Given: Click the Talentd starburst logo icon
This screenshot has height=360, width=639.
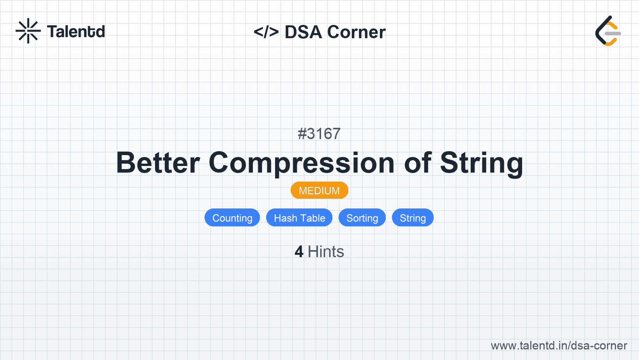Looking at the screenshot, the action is coord(28,31).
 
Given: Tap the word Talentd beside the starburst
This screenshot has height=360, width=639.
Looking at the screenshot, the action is coord(76,32).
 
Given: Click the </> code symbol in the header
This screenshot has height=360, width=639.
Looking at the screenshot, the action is coord(266,32).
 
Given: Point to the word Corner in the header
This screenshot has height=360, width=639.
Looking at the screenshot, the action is coord(356,32).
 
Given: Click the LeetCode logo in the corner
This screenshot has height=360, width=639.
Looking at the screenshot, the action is coord(608,31).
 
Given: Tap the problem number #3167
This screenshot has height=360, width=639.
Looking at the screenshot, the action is coord(319,134).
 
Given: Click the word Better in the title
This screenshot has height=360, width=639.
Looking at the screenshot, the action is coord(158,162).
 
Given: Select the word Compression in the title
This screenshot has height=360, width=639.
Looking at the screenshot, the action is coord(302,164).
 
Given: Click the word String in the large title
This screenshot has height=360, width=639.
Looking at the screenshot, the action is coord(482,164).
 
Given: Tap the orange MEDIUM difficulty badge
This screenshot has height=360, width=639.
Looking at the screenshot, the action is coord(319,190).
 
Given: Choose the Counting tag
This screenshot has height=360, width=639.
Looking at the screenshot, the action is coord(232,218).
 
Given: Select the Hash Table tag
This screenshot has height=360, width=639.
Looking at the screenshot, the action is coord(299,218).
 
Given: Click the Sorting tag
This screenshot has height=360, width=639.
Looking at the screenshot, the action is coord(362,218).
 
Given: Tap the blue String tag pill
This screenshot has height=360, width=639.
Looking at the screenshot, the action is coord(413,218).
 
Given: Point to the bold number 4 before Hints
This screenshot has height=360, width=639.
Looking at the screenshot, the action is coord(299,252).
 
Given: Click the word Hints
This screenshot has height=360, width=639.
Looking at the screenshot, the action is coord(326,252).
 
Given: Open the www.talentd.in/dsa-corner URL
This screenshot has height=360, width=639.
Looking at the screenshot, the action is coord(559,346).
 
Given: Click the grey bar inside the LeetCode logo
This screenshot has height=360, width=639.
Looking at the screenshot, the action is coord(613,34).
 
